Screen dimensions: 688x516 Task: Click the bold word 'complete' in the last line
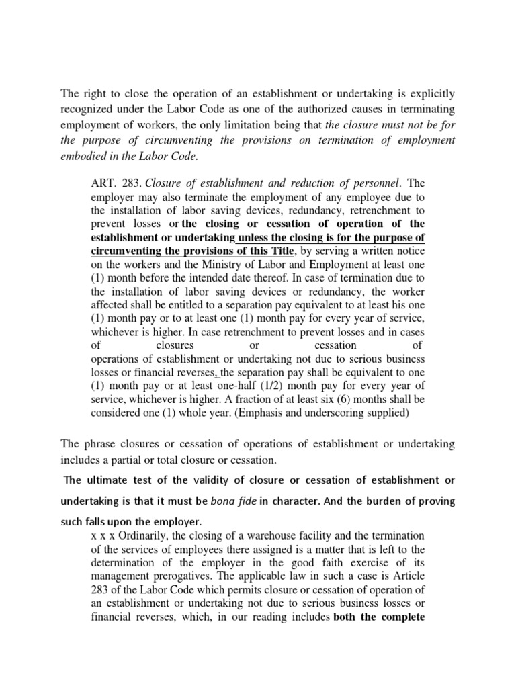pos(401,616)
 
